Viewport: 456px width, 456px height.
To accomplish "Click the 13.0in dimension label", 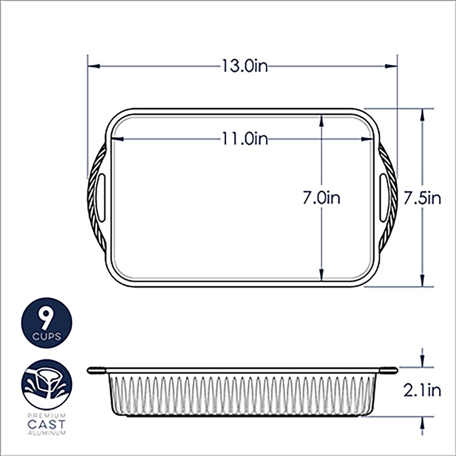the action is [245, 66].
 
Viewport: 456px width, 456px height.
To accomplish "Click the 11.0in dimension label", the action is [245, 139].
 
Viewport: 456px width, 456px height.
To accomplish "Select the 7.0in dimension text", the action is [321, 198].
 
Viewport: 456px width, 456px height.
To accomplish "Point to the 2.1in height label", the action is [422, 390].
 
